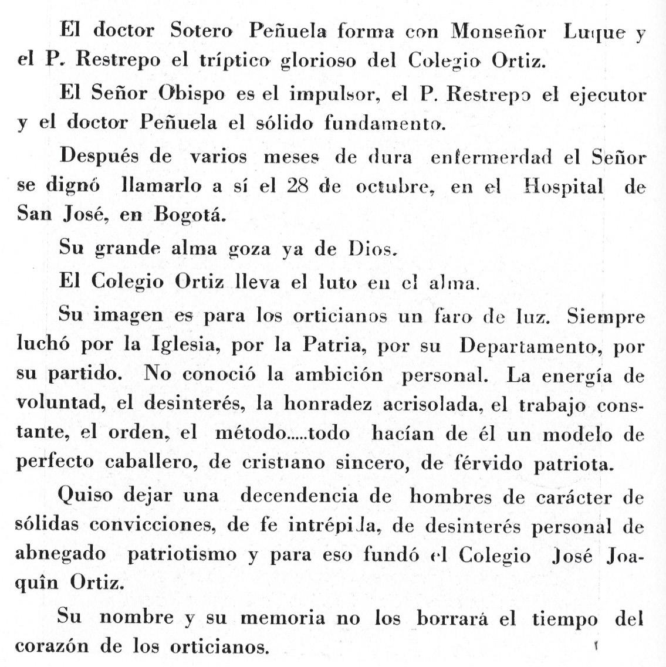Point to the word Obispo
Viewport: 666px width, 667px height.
[192, 94]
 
